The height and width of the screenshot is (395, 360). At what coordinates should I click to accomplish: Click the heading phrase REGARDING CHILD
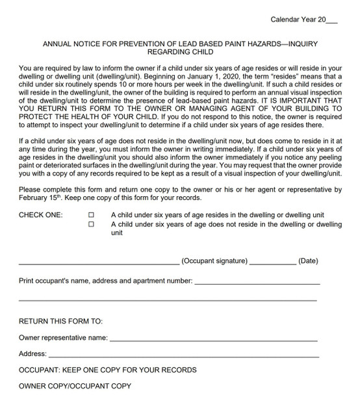point(179,52)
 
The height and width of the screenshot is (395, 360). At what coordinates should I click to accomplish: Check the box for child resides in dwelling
point(91,214)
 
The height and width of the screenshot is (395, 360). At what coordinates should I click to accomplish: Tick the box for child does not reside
point(91,224)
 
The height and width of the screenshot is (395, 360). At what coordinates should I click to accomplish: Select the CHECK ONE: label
point(40,214)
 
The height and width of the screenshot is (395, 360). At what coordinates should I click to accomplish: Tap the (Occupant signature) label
point(214,261)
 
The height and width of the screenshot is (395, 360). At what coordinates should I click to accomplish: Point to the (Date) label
point(308,261)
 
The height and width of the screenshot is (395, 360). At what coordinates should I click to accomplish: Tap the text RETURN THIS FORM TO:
point(60,321)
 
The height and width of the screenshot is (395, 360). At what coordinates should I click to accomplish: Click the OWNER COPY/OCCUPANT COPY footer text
point(75,386)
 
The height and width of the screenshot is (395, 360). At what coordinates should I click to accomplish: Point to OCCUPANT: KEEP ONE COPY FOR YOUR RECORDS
point(107,370)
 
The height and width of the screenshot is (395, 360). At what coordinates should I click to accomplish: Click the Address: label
point(32,354)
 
